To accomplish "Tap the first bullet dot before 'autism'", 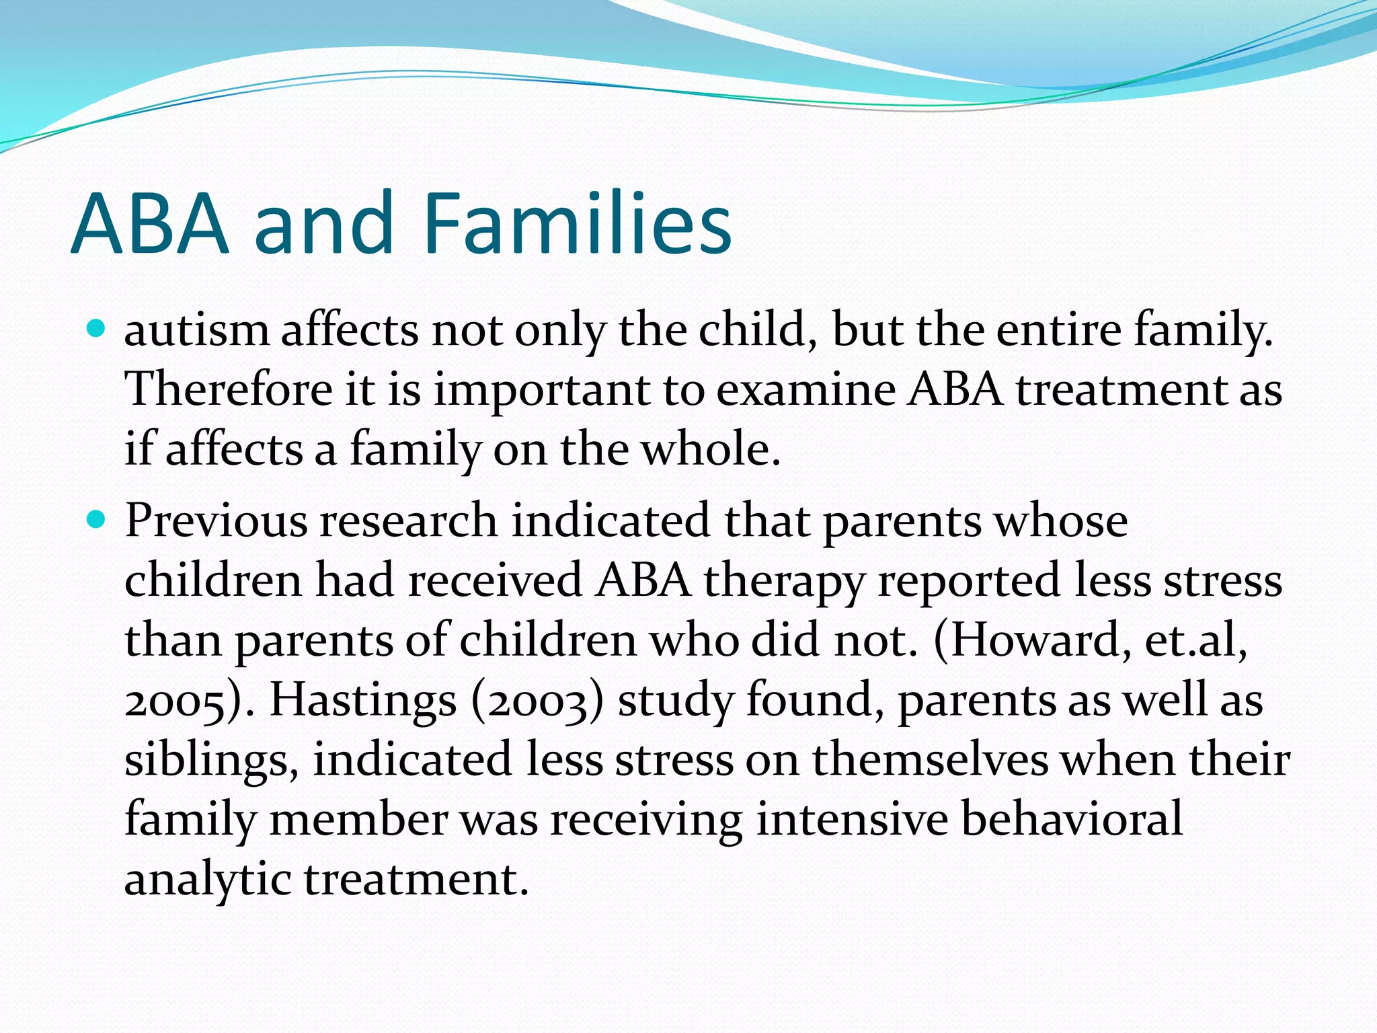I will (x=97, y=330).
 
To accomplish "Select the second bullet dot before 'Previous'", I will (x=97, y=520).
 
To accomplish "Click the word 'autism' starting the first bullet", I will (x=196, y=331).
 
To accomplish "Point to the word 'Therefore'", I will (x=229, y=390).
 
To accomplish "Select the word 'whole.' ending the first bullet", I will (x=711, y=449).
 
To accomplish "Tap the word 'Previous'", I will (x=215, y=521).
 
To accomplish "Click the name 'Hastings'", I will (x=363, y=701).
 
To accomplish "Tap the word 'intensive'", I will (x=851, y=819).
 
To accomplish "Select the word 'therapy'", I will (x=783, y=581).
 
